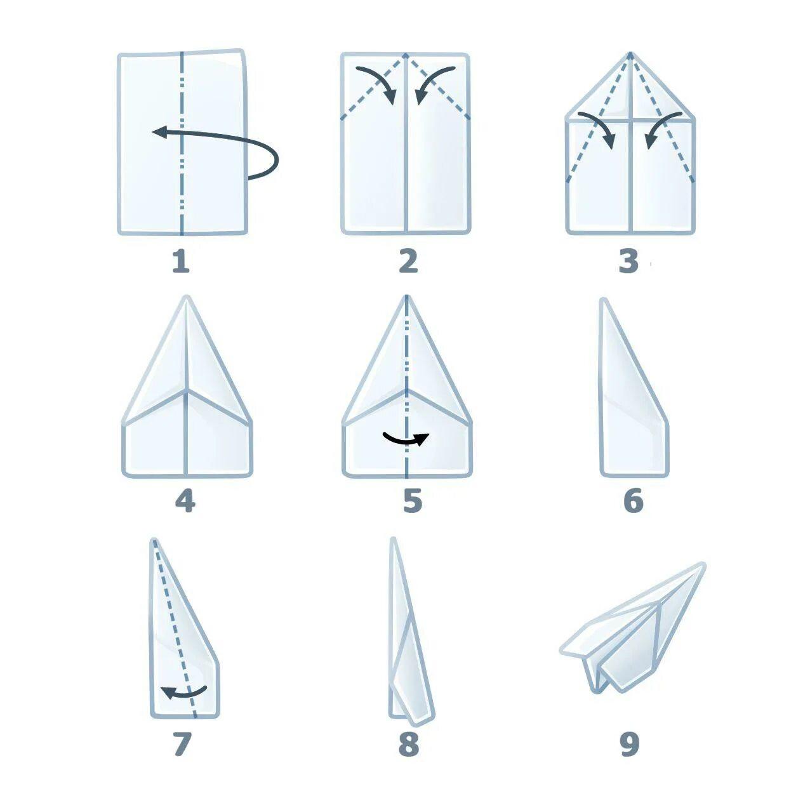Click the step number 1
tap(181, 261)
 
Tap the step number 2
tap(408, 261)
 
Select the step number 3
tap(629, 261)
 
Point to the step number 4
tap(185, 501)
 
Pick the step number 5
tap(413, 501)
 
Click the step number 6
tap(634, 501)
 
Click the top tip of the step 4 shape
tap(187, 297)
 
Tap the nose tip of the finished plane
tap(703, 565)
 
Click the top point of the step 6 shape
tap(603, 300)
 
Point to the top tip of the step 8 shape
tap(393, 539)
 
